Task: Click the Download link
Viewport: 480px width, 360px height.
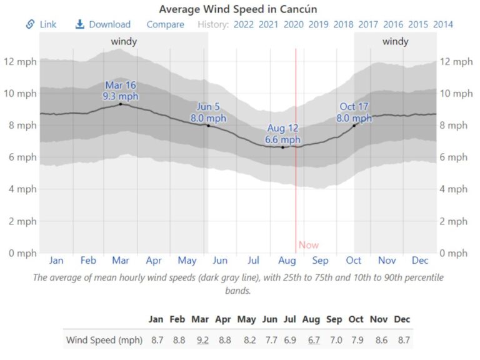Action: [x=103, y=24]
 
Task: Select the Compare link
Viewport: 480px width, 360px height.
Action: [x=166, y=24]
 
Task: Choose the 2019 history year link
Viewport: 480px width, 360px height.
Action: [x=318, y=24]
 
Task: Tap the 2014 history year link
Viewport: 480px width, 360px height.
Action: [x=443, y=24]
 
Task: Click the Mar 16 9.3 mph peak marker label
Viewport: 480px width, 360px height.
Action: [x=121, y=91]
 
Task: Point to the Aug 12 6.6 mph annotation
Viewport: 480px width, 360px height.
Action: [x=282, y=134]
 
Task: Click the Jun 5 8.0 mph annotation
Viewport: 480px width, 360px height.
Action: [x=208, y=112]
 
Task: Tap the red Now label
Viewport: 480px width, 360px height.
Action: [x=308, y=245]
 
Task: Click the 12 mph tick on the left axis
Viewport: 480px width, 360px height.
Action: [x=20, y=61]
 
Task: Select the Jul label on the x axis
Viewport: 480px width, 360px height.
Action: [x=254, y=260]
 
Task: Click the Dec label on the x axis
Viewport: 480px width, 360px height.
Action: [x=420, y=260]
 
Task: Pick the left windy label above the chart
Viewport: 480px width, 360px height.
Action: [x=124, y=42]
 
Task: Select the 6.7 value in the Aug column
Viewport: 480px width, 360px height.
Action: [x=311, y=340]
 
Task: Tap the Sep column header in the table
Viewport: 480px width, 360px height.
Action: [x=334, y=319]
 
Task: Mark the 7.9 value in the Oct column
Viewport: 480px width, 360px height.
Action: [x=356, y=340]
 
